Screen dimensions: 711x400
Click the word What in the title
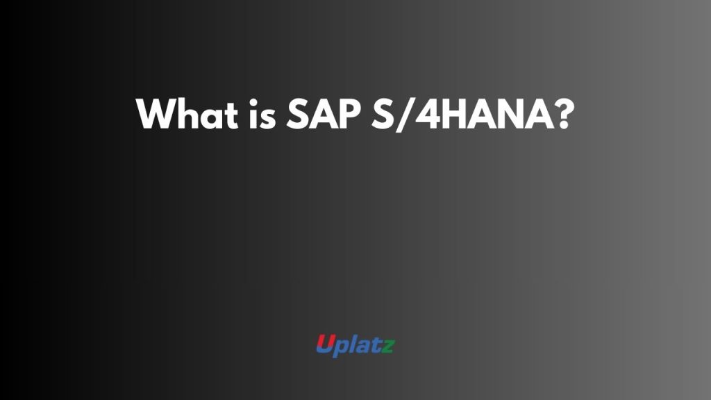[x=187, y=113]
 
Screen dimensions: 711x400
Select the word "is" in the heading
[x=262, y=113]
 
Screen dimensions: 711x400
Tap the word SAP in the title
[x=324, y=113]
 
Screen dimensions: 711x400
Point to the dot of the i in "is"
[x=253, y=101]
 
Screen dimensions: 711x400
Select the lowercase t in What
[x=231, y=115]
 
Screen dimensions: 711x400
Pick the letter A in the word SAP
[x=323, y=114]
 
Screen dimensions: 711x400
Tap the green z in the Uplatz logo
[x=388, y=346]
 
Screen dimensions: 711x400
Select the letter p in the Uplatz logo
[x=340, y=349]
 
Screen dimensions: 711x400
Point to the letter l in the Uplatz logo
[x=352, y=344]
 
